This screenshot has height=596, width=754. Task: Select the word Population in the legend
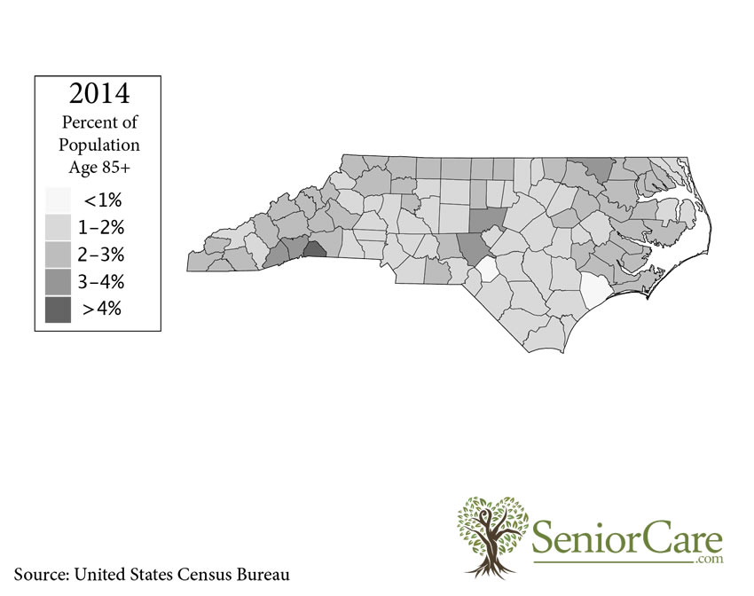[98, 144]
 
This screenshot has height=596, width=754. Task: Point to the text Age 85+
[98, 166]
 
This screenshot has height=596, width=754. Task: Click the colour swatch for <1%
[59, 199]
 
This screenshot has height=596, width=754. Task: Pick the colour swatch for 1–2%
[59, 226]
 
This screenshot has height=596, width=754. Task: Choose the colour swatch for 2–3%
[59, 255]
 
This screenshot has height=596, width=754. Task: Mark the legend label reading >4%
[103, 310]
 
